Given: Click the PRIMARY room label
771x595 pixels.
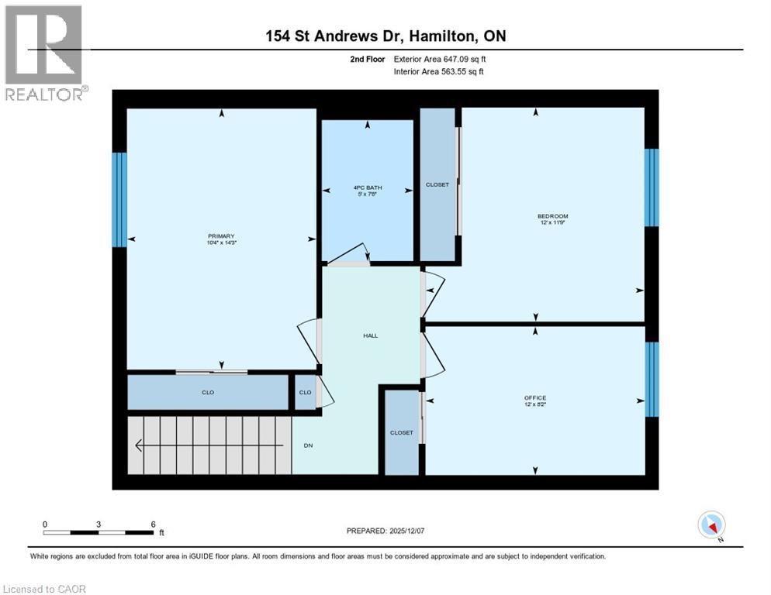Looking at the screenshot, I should click(x=220, y=236).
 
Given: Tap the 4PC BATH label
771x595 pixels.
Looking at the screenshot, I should click(x=368, y=188).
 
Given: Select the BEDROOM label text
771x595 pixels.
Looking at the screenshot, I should click(x=552, y=216).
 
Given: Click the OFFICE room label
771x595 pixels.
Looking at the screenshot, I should click(x=535, y=398).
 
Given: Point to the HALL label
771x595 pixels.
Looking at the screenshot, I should click(x=371, y=335).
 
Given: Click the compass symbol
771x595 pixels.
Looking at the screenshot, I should click(x=711, y=524).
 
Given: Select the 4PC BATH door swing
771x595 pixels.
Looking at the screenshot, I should click(x=351, y=255).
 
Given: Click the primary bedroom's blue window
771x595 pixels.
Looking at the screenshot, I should click(x=119, y=199).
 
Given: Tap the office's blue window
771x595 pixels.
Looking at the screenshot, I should click(x=652, y=379).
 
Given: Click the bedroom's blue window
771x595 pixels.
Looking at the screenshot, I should click(x=652, y=187).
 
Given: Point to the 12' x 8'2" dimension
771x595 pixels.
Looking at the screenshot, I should click(x=535, y=405).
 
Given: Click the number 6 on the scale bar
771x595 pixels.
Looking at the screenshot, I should click(x=153, y=524).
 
